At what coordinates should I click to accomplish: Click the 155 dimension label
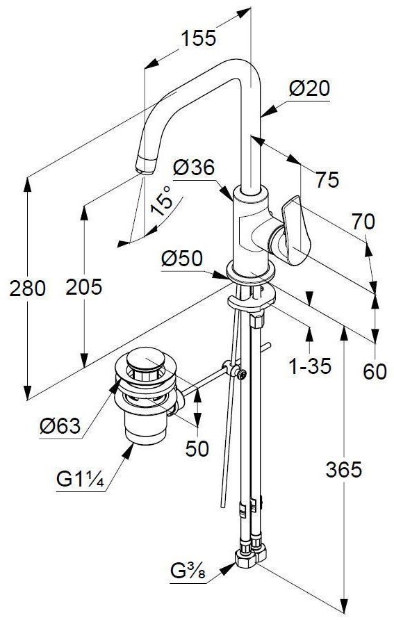pyautogui.click(x=198, y=38)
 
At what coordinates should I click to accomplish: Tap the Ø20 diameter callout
pyautogui.click(x=309, y=88)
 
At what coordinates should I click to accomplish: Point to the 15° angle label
pyautogui.click(x=163, y=200)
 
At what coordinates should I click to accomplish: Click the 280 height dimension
pyautogui.click(x=28, y=288)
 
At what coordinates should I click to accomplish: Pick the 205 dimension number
pyautogui.click(x=84, y=286)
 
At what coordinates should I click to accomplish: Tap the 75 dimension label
pyautogui.click(x=327, y=180)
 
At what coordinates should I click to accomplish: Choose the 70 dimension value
pyautogui.click(x=363, y=222)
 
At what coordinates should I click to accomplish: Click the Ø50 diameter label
pyautogui.click(x=182, y=259)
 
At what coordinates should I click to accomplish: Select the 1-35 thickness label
pyautogui.click(x=310, y=366)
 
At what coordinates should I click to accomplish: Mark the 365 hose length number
pyautogui.click(x=343, y=469)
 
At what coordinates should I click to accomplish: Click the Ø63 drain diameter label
pyautogui.click(x=60, y=426)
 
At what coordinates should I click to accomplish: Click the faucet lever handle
pyautogui.click(x=295, y=231)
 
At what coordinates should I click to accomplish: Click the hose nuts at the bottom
pyautogui.click(x=251, y=553)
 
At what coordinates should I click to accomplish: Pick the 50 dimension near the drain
pyautogui.click(x=197, y=448)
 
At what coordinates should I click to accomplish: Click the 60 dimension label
pyautogui.click(x=375, y=371)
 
